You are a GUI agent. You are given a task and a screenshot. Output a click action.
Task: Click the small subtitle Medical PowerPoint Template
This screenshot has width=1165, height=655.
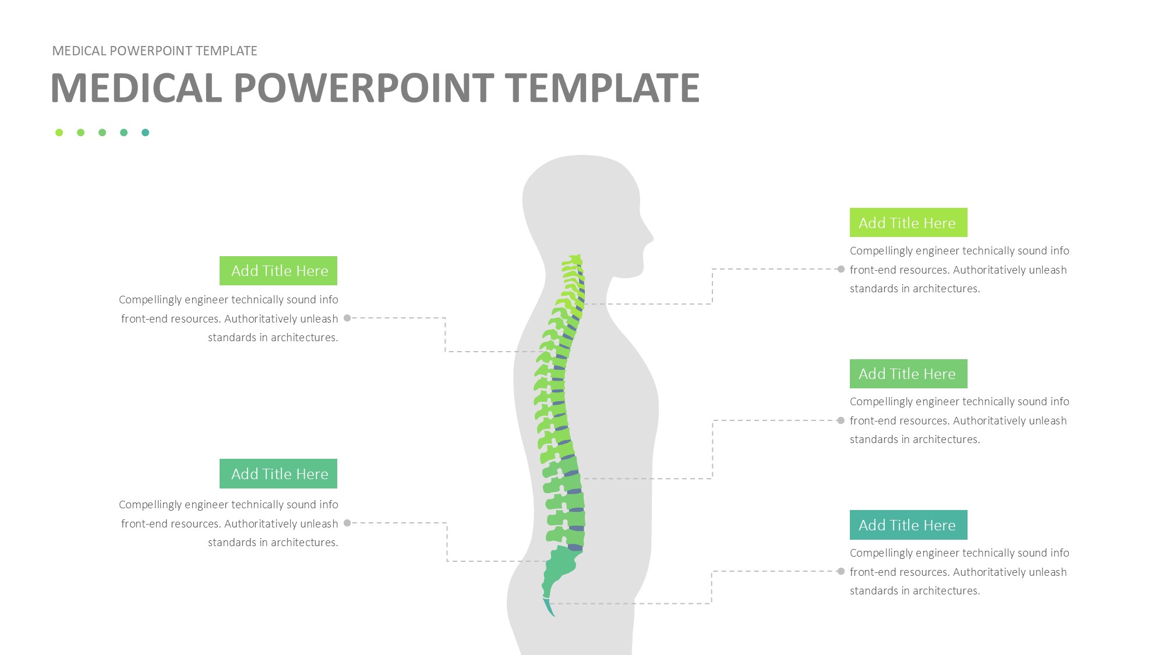[x=154, y=51]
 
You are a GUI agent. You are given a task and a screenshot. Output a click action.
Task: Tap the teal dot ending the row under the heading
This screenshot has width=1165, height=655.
[x=145, y=133]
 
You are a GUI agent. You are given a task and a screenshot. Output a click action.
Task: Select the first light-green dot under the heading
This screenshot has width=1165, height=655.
[x=59, y=133]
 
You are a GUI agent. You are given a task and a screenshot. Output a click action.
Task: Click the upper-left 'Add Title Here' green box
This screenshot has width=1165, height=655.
[x=278, y=271]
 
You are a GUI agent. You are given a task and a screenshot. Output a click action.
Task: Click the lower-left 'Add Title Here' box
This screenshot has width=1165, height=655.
[x=278, y=474]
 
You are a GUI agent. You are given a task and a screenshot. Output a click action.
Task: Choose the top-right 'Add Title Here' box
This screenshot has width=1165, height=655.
[x=908, y=222]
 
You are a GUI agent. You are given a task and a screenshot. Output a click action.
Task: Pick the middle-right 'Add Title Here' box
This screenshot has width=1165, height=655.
[x=908, y=374]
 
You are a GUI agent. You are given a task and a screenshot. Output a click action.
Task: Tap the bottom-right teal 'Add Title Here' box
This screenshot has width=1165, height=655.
[x=908, y=525]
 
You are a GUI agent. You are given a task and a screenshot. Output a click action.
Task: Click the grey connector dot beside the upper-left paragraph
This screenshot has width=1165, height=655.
[x=347, y=318]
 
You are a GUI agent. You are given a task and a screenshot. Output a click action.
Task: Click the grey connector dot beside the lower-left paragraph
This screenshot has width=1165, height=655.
[x=347, y=523]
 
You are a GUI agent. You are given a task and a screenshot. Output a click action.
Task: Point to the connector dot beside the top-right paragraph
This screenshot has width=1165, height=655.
[x=841, y=269]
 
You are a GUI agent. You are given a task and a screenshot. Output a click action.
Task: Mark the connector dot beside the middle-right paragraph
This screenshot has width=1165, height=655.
[x=841, y=420]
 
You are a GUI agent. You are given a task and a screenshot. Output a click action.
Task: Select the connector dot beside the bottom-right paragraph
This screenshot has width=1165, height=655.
[x=841, y=571]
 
